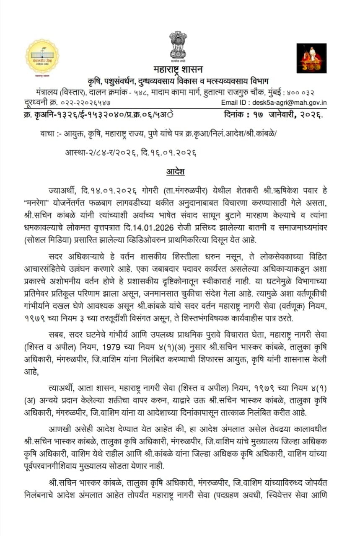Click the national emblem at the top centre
coord(178,44)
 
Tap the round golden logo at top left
coord(42,56)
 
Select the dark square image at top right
coord(311,58)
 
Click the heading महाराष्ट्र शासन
coord(178,69)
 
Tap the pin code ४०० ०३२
coord(309,92)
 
